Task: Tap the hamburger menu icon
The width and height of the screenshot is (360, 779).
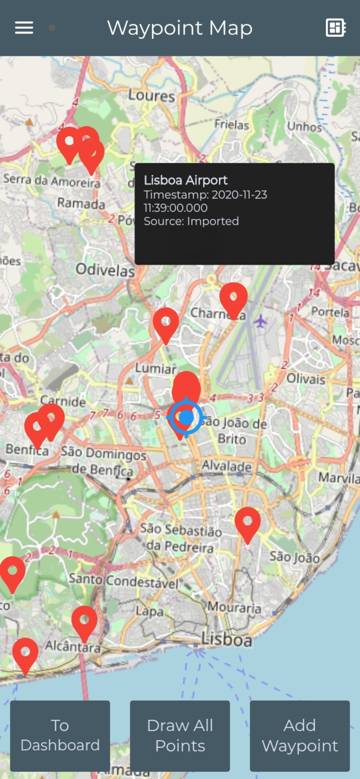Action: point(24,28)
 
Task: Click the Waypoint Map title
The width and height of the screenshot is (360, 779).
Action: point(180,28)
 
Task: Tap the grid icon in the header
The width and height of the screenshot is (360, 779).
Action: point(336,28)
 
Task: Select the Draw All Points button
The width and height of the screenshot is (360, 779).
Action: point(180,735)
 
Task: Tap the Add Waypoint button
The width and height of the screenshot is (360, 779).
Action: point(300,735)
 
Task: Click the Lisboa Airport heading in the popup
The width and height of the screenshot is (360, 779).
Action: point(185,180)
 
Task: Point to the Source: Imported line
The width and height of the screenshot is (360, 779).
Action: point(191,221)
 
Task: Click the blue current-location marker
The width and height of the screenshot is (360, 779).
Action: point(186,417)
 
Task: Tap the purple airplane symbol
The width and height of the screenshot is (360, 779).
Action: point(260,321)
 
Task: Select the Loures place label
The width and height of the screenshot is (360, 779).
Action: point(152,96)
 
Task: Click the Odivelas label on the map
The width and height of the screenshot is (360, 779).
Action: point(105,270)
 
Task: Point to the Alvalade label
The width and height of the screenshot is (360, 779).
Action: point(227,466)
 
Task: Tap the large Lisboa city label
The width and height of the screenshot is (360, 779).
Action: point(226,640)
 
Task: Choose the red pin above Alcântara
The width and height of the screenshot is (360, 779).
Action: point(84,621)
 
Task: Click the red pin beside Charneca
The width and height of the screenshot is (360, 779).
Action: point(233,298)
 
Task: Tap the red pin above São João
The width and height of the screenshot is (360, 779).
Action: point(248,522)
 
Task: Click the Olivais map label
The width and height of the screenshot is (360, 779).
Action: point(306,379)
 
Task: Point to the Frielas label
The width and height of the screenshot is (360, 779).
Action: point(232,125)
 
